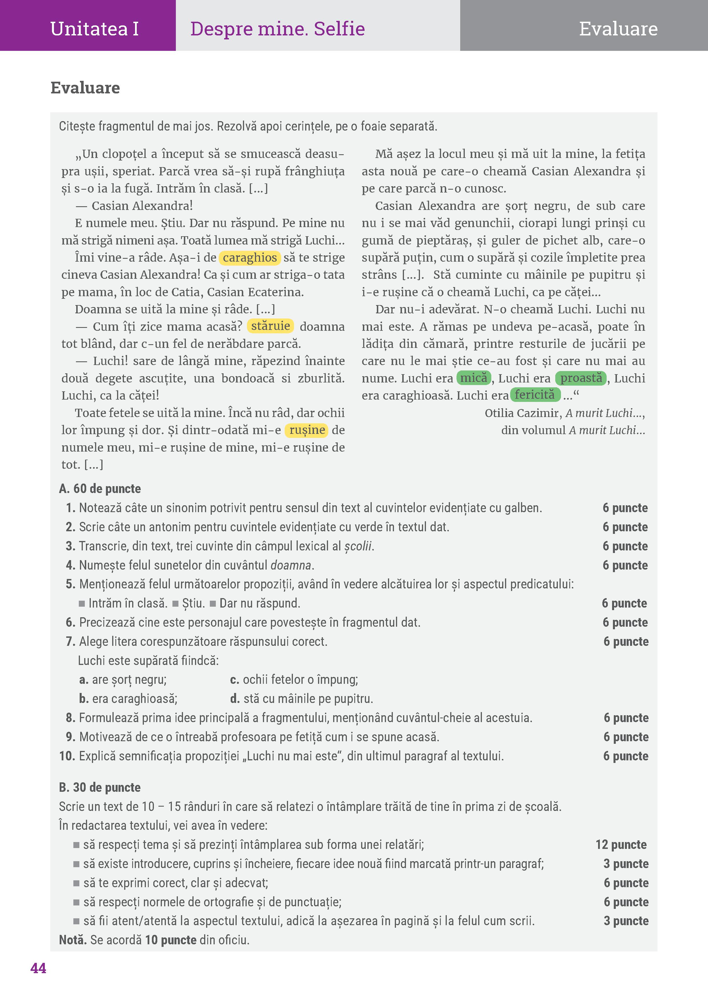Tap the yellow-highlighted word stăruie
point(270,326)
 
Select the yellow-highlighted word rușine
point(307,430)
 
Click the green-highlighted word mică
point(474,378)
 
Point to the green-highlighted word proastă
point(581,378)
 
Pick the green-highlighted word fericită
point(535,395)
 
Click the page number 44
point(38,968)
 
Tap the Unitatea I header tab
point(94,29)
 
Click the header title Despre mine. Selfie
point(277,29)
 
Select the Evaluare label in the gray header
point(618,29)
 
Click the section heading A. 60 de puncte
point(100,489)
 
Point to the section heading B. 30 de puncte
point(100,787)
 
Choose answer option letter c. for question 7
point(234,680)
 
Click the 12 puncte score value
point(621,844)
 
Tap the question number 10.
point(67,756)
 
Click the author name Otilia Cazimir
point(522,413)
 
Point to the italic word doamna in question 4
point(291,565)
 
